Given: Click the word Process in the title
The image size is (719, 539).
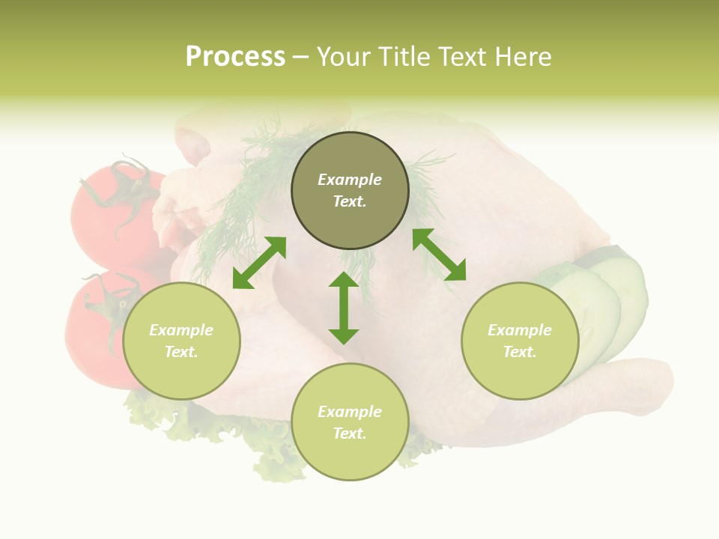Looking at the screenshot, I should coord(235,57).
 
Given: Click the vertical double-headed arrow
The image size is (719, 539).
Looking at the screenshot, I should coord(344,308).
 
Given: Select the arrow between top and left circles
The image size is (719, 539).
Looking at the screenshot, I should coord(259,263).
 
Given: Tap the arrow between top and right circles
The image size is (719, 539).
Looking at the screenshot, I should coord(439,255).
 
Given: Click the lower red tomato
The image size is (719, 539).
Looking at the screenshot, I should coord(94,329).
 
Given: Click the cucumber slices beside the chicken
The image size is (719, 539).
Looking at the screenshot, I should coord(607,299).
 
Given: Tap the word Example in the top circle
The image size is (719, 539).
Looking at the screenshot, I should coord(350,180).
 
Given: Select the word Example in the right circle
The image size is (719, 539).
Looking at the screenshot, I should coord(520,330).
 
